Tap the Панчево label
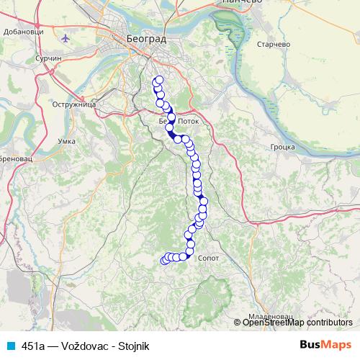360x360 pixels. (x=241, y=3)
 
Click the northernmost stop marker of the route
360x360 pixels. (x=158, y=81)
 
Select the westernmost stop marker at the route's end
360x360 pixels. (x=163, y=261)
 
